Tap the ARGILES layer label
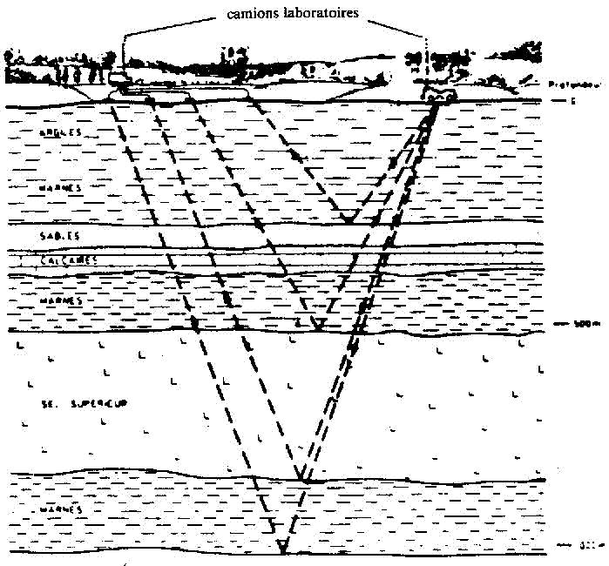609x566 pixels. [60, 131]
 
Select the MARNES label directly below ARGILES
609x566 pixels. [62, 186]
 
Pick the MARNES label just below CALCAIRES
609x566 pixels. [60, 300]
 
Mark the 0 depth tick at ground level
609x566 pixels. [567, 101]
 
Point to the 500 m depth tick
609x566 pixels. [571, 324]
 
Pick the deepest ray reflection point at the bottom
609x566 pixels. [282, 549]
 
